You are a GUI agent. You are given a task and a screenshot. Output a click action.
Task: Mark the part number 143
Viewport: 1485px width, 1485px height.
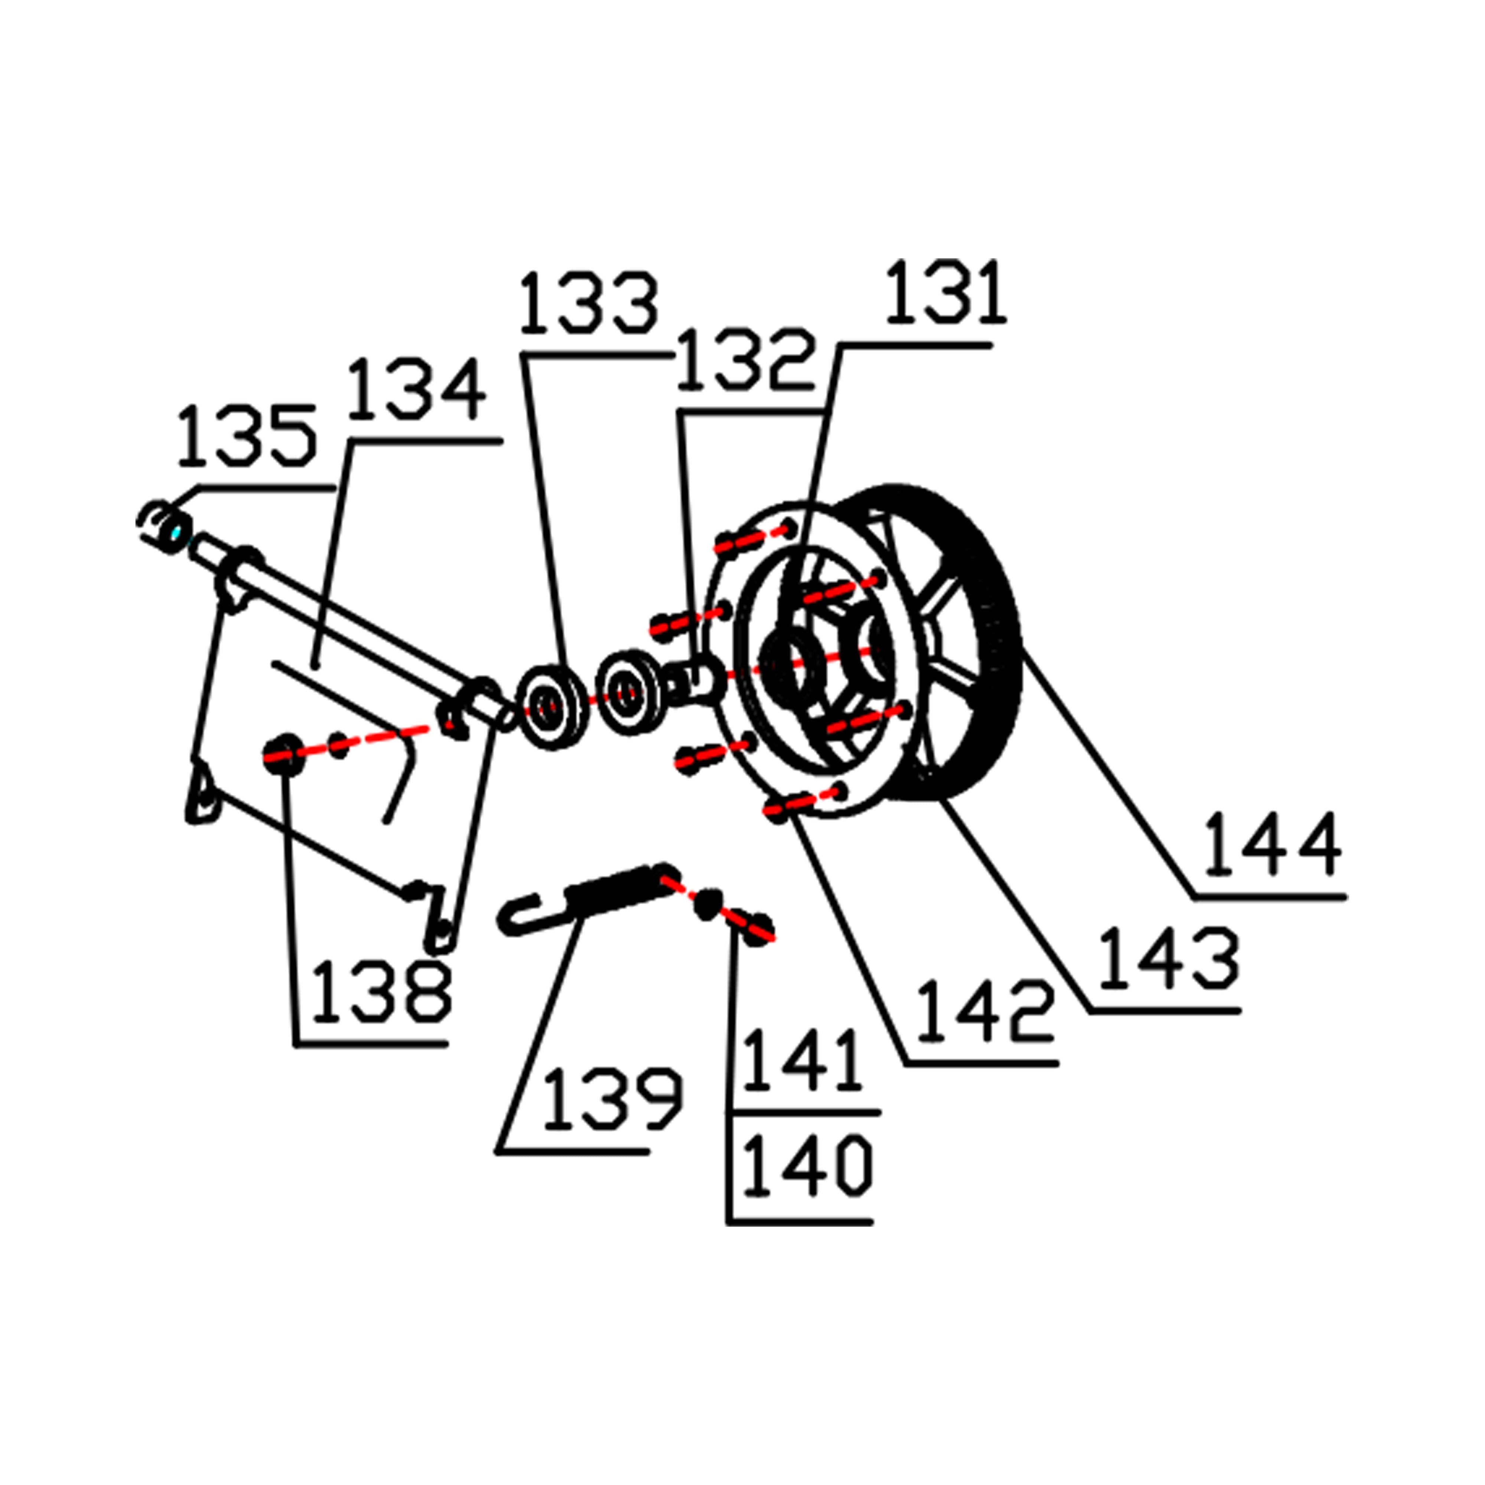coord(1169,959)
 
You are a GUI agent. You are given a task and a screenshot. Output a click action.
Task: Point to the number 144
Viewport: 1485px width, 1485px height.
coord(1272,845)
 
